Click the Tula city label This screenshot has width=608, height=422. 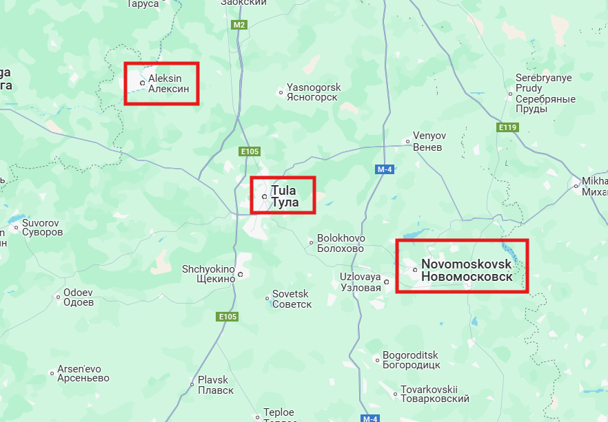(285, 196)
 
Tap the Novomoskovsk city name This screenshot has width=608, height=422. (467, 270)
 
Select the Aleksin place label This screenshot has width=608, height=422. (169, 83)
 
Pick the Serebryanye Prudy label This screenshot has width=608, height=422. (545, 94)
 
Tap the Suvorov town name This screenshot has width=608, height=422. (42, 228)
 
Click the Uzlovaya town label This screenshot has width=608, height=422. (360, 282)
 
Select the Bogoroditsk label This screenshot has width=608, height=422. (411, 360)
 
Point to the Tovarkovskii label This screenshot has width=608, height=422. (434, 394)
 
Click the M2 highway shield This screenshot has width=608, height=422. (239, 25)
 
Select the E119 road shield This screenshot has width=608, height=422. (507, 127)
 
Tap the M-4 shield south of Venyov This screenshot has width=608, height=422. (384, 169)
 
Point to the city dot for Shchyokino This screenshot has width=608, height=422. (241, 275)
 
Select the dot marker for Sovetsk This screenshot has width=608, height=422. (267, 298)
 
